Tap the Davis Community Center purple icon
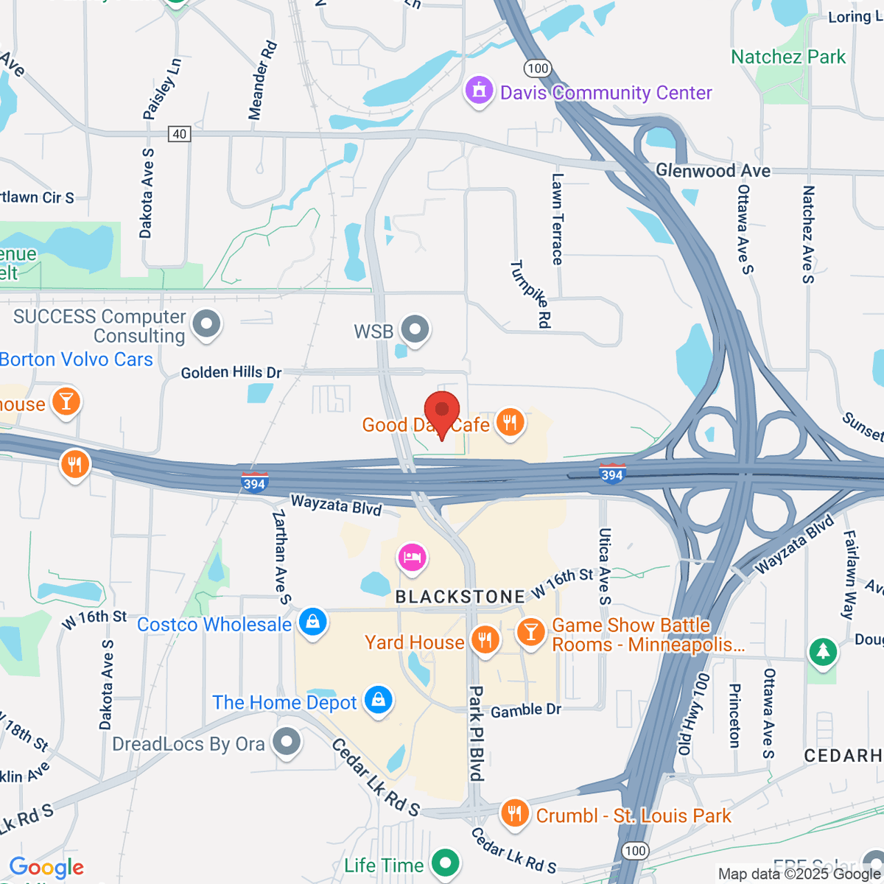480,92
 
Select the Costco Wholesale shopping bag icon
313,623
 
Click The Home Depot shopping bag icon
379,700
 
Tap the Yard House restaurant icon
485,640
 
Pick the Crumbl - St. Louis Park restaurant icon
514,814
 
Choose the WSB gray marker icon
415,329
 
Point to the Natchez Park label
788,57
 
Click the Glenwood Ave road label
712,171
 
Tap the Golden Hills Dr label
231,373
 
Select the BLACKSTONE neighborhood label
460,597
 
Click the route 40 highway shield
179,133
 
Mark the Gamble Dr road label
526,710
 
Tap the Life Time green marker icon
445,863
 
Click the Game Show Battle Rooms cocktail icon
530,631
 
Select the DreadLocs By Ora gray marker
287,743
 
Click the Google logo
46,868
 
